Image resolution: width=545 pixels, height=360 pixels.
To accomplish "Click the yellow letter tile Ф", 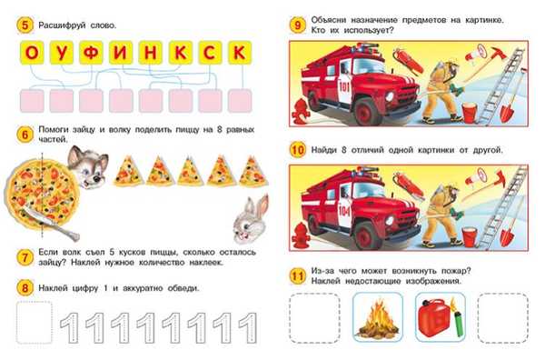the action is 91,53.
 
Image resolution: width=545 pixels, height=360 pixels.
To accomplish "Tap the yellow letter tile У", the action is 62,53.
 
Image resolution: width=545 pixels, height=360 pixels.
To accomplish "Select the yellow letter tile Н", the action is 151,53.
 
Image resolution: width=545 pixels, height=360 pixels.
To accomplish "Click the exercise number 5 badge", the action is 25,25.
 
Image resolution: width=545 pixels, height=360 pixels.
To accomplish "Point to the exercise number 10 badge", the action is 298,150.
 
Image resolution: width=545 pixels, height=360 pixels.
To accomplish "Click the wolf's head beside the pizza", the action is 88,166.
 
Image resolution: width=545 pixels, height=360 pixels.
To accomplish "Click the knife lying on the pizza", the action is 52,223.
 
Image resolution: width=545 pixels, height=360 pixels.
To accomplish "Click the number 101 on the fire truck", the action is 343,86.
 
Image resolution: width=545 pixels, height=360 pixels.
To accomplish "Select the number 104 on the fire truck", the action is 344,210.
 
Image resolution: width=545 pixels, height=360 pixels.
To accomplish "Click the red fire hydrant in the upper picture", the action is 299,111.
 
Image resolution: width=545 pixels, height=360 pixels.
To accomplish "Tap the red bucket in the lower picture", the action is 469,236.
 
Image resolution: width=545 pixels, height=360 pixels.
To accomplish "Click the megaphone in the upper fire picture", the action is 475,54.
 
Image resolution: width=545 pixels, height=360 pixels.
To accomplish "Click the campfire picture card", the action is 378,317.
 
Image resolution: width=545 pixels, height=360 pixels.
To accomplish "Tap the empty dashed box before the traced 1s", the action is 35,323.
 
